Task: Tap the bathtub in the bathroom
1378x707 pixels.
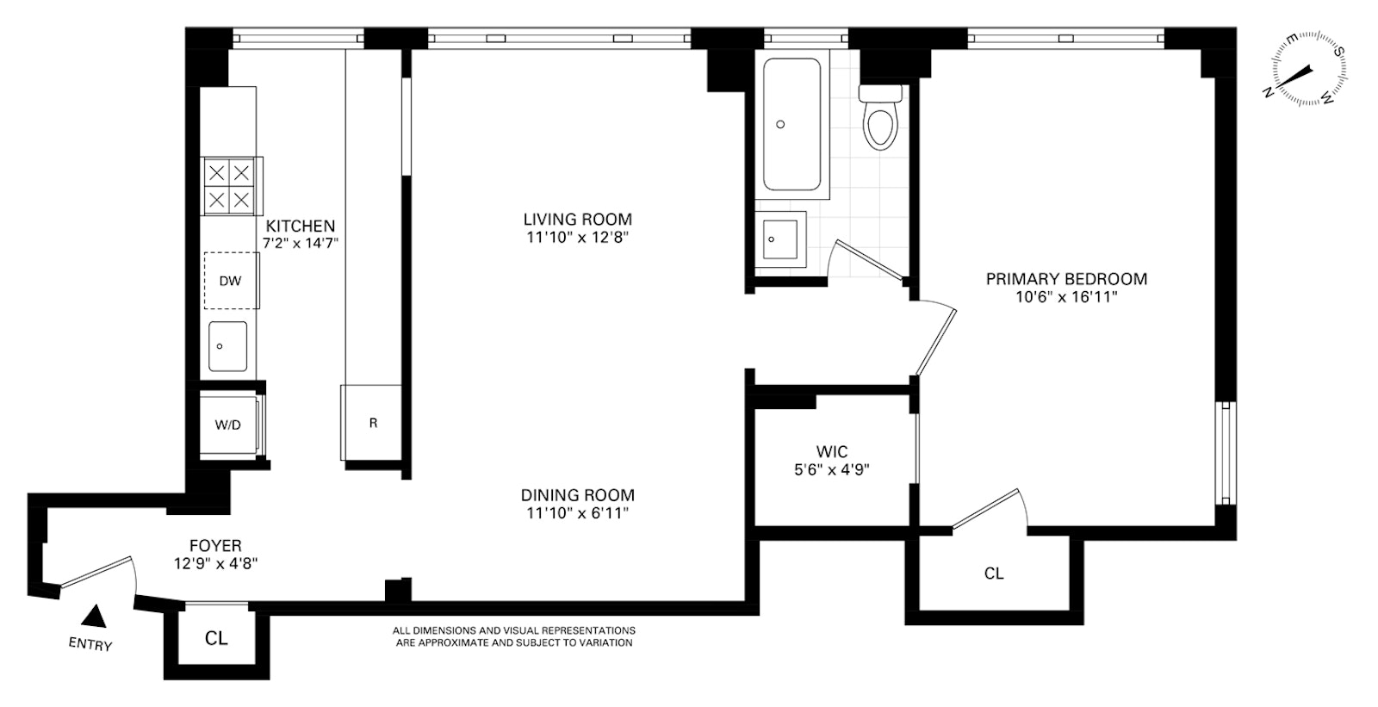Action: point(791,125)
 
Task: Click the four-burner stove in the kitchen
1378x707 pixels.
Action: point(230,186)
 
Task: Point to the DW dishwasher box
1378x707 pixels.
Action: point(231,281)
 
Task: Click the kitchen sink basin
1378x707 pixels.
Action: point(228,346)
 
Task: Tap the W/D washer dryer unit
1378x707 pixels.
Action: point(228,425)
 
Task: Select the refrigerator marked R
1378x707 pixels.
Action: point(373,423)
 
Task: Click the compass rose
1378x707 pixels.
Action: point(1305,69)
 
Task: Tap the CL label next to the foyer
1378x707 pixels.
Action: point(216,639)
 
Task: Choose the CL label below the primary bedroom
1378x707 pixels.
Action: point(994,573)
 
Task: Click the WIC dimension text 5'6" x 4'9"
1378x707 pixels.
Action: point(832,470)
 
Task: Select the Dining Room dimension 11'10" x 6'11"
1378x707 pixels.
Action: point(578,514)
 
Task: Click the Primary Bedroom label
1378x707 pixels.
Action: point(1066,279)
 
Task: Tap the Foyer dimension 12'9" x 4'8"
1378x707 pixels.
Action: point(215,564)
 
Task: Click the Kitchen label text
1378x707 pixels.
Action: point(300,226)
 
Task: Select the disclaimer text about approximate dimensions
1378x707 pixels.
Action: point(514,636)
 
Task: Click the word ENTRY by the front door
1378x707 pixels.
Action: point(90,644)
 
